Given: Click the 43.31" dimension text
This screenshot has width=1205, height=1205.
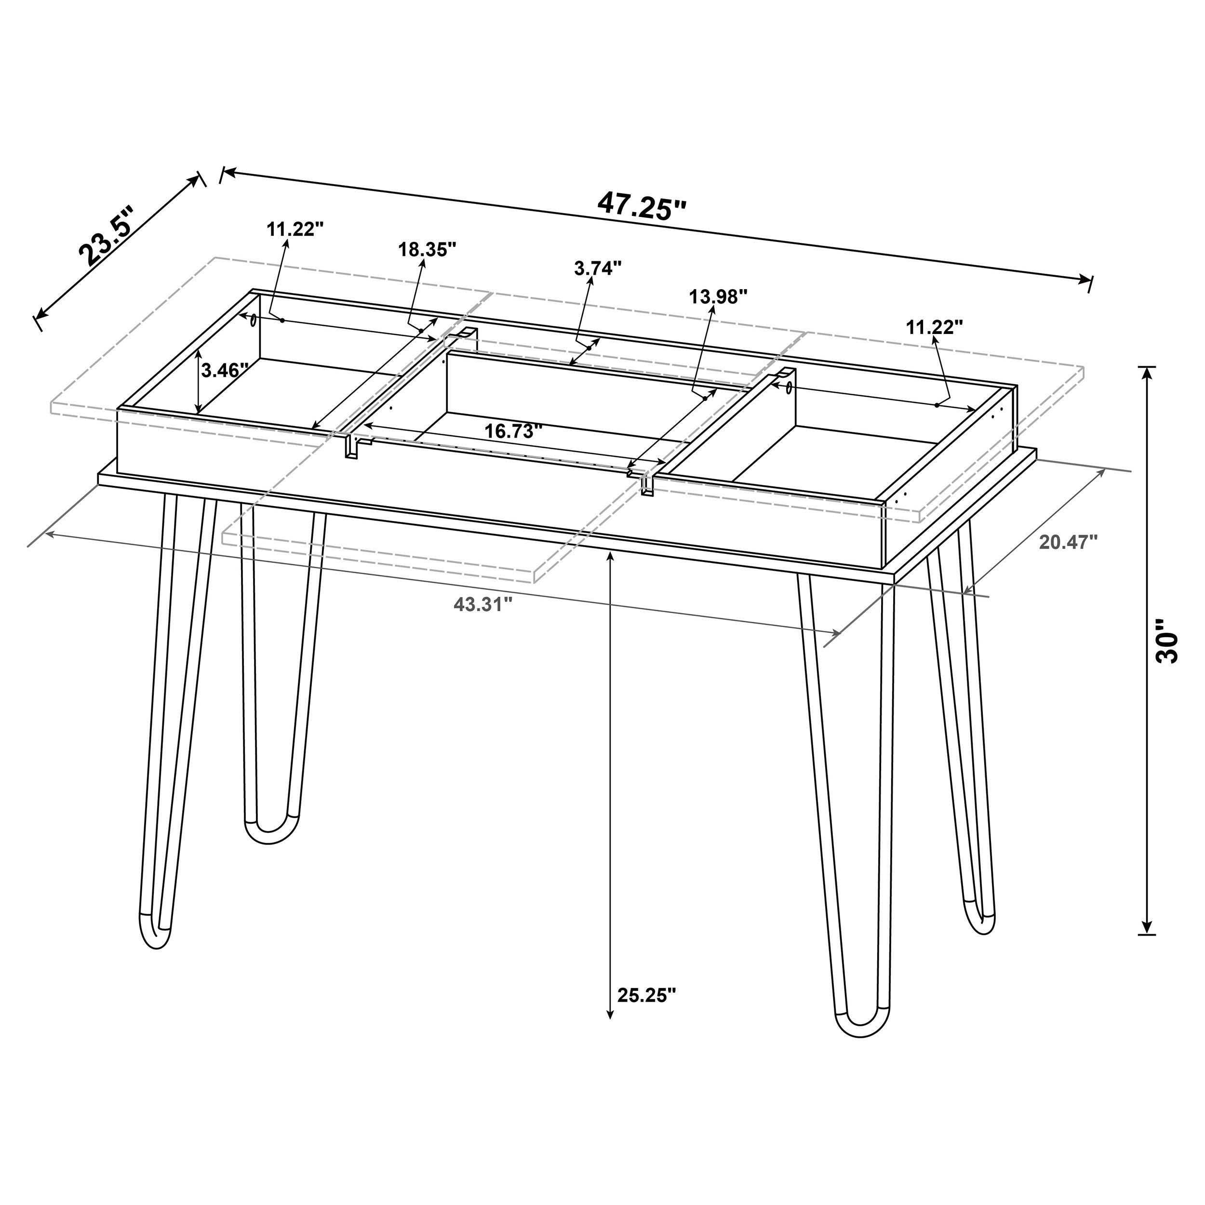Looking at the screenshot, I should (x=483, y=604).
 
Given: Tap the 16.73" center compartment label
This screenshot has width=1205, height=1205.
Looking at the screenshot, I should (x=513, y=431).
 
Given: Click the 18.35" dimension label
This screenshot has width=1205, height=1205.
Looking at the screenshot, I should (x=427, y=250).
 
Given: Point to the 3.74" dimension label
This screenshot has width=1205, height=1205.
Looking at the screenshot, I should (x=598, y=269).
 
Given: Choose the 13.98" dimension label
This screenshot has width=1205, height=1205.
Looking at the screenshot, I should (x=718, y=297).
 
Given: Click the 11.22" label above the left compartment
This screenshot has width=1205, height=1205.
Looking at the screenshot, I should (x=295, y=229).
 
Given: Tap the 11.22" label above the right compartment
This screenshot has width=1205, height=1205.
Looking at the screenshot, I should (x=934, y=327).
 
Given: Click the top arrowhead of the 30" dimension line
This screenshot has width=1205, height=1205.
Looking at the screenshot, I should (x=1146, y=373).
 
